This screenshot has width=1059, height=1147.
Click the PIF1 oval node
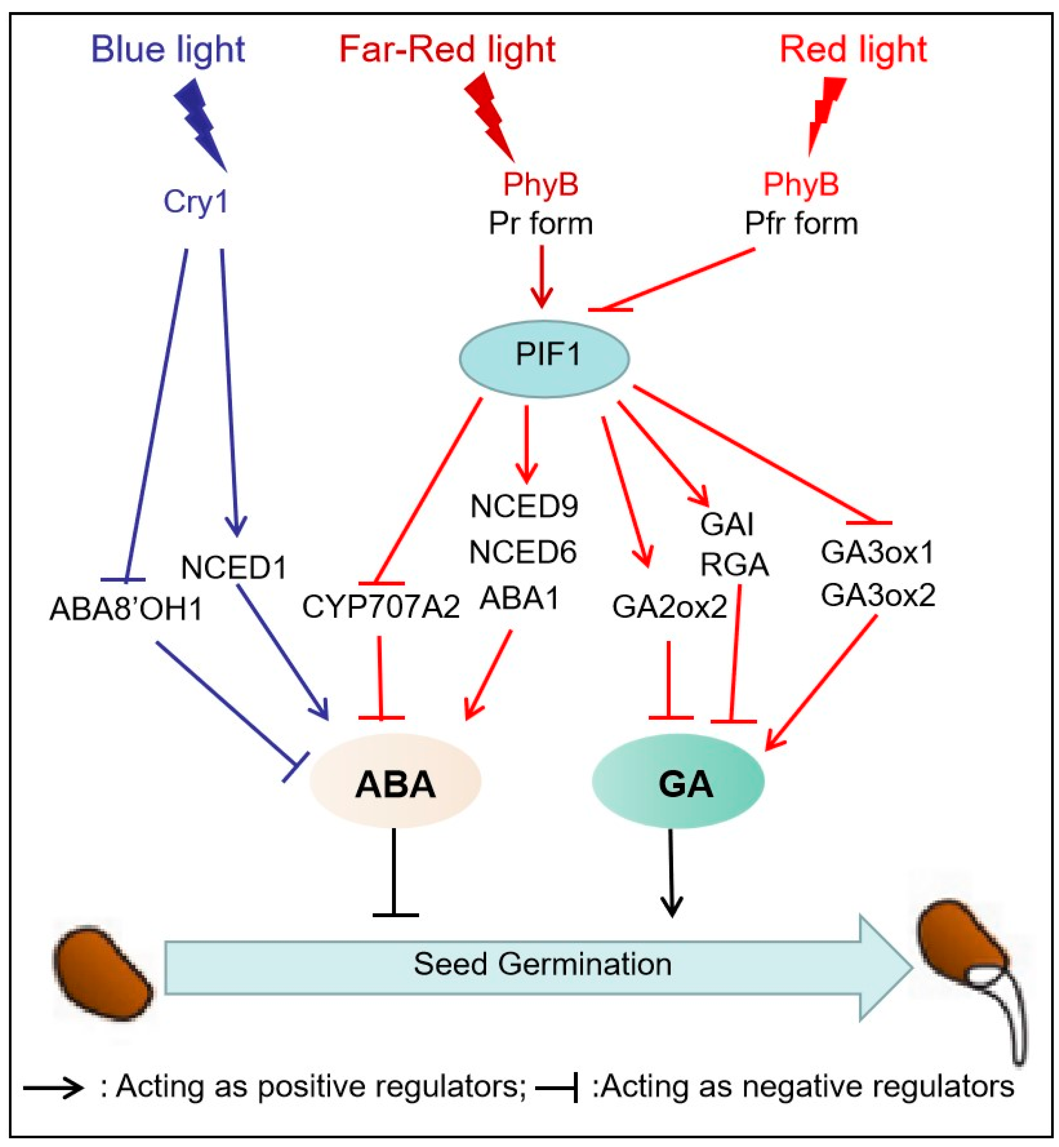pyautogui.click(x=545, y=358)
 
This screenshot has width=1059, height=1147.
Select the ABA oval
pyautogui.click(x=395, y=782)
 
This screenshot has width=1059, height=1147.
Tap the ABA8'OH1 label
pyautogui.click(x=126, y=609)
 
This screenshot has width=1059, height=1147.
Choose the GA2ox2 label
pyautogui.click(x=669, y=607)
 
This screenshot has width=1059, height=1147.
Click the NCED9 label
pyautogui.click(x=524, y=506)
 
